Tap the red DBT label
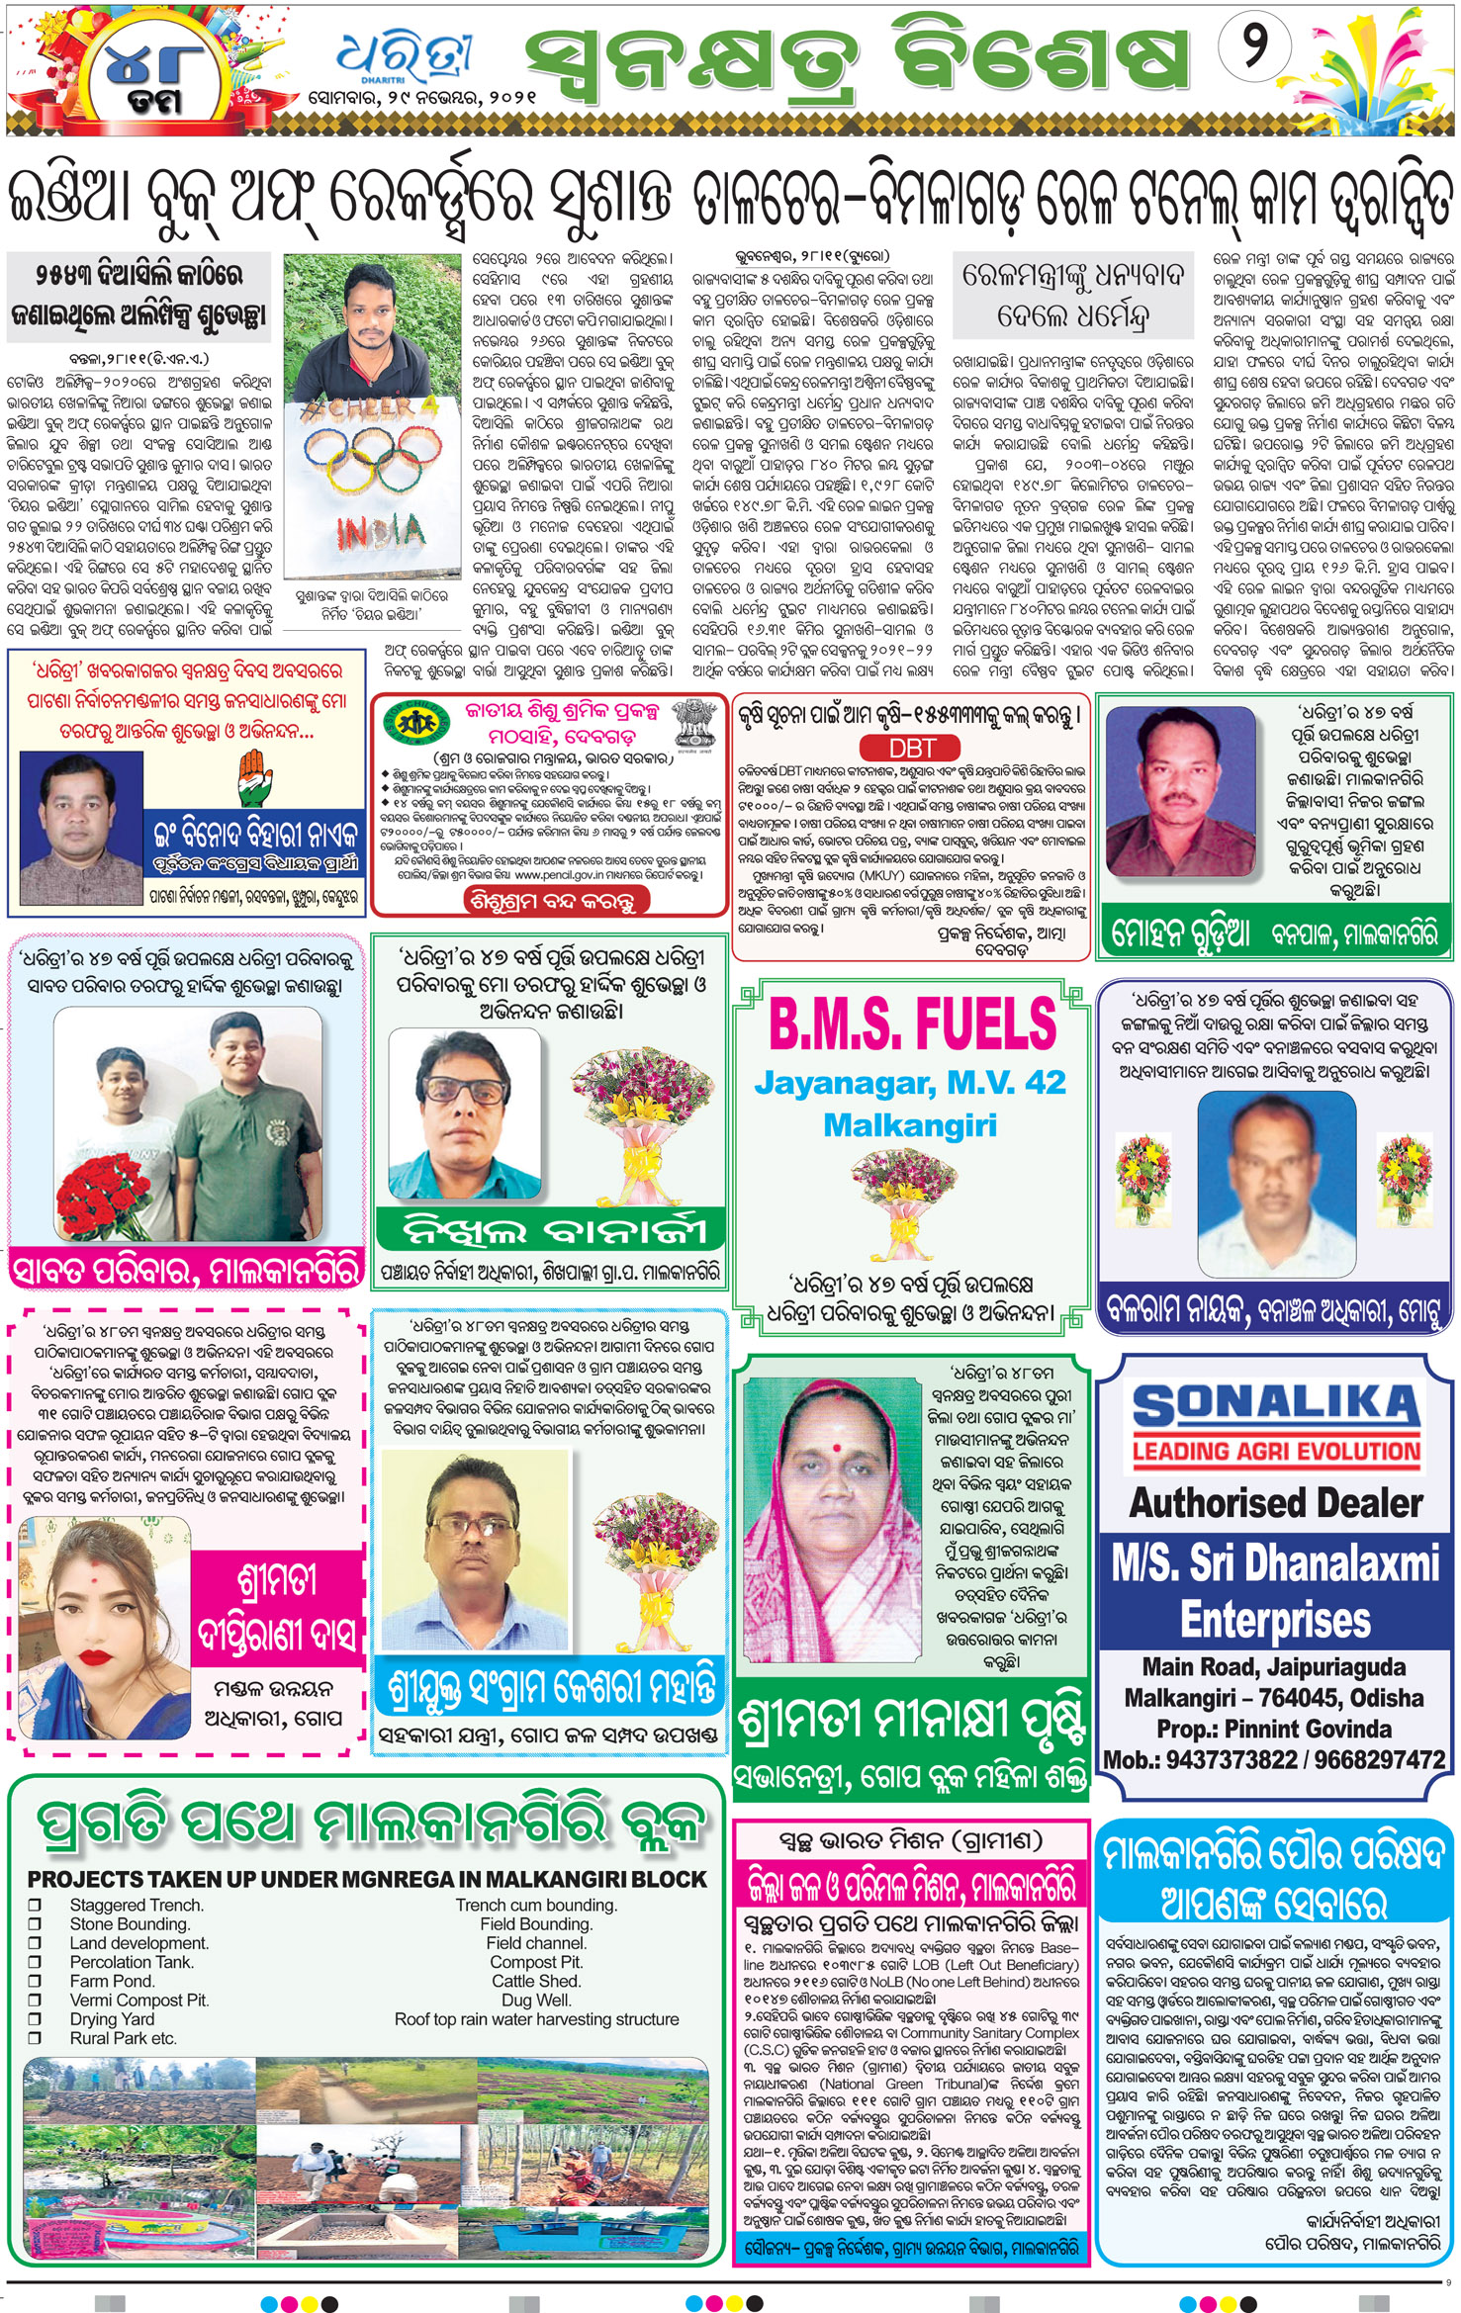911,749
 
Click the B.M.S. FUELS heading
912,1023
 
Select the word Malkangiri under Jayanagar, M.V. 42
910,1125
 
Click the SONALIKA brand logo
1275,1404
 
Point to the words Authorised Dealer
1276,1504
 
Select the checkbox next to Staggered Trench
36,1905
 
